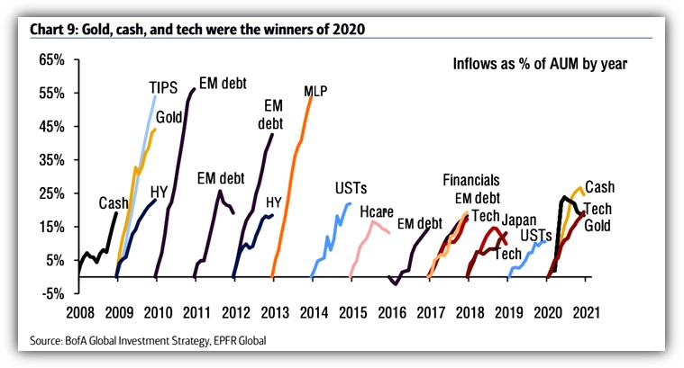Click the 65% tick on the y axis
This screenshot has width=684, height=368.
point(50,59)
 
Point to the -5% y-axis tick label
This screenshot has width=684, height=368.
point(51,293)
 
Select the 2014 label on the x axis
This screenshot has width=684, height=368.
point(312,314)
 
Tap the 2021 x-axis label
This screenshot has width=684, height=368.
point(586,314)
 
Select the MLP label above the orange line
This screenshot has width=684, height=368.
point(315,91)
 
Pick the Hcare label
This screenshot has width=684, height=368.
point(378,212)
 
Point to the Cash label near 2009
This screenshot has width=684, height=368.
point(114,202)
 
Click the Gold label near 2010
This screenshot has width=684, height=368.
point(171,118)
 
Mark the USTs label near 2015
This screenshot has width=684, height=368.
point(349,188)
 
